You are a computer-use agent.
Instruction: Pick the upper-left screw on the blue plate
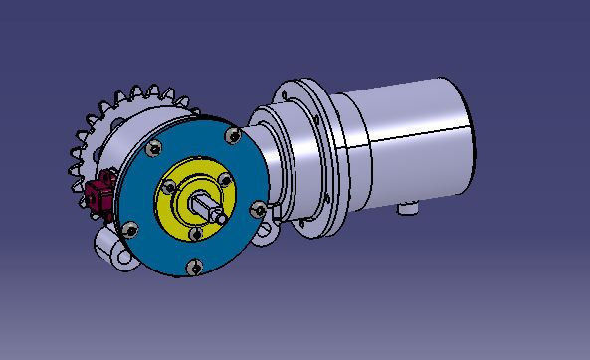153,149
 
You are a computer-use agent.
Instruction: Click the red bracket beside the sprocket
99,191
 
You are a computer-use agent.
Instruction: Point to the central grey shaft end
212,207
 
